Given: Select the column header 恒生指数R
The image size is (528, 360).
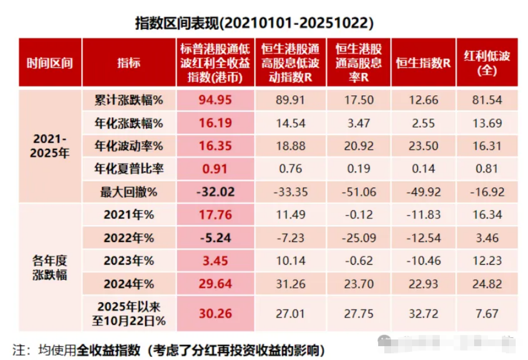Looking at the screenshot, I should (x=423, y=63).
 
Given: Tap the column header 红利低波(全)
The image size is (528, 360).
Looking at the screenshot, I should (x=487, y=63).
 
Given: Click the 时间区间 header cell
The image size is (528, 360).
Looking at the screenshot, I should (x=50, y=63).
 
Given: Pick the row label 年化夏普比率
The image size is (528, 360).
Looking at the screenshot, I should (x=129, y=169).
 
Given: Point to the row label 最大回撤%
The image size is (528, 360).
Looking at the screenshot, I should (x=129, y=192).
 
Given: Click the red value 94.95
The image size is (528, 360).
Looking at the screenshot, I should (x=215, y=99).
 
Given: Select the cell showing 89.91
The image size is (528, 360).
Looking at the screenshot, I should (x=290, y=99).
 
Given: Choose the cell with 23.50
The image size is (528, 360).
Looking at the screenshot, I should (x=423, y=146).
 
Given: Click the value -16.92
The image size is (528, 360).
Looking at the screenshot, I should (x=487, y=192).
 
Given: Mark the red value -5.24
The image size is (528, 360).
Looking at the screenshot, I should (x=215, y=238).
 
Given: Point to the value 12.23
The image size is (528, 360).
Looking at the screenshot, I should (x=487, y=261).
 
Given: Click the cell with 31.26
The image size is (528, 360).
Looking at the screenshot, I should (x=290, y=284).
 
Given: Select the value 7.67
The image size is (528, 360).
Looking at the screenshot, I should (x=487, y=313).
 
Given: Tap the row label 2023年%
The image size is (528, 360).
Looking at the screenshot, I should (x=129, y=261).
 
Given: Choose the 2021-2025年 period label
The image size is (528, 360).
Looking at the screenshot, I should (x=50, y=146).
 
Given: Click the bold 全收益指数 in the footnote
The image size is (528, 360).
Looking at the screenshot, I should (x=108, y=350).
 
